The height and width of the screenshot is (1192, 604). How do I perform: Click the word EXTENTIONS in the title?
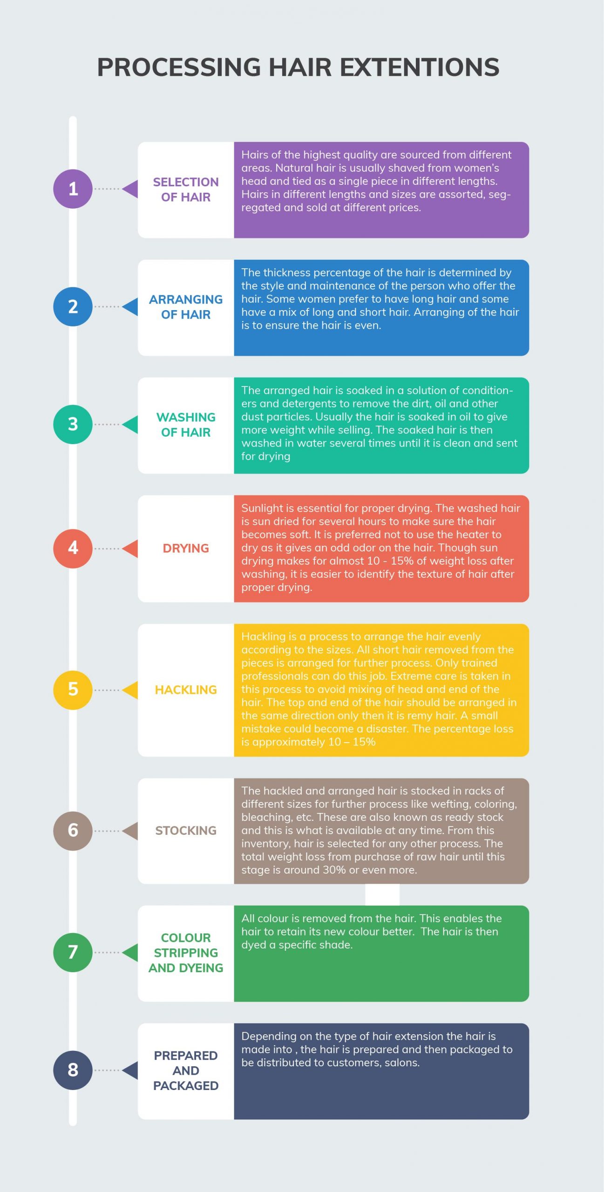(420, 67)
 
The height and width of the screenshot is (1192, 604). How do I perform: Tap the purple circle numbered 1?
(73, 189)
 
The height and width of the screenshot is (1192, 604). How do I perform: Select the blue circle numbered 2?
(73, 306)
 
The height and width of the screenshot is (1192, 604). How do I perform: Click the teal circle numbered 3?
(73, 424)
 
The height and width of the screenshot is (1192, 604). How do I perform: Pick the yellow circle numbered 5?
(73, 690)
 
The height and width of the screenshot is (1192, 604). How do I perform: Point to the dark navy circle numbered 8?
(73, 1070)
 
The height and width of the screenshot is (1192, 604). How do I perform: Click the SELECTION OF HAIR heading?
(186, 190)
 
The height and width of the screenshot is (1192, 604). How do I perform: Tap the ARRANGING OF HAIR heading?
(186, 307)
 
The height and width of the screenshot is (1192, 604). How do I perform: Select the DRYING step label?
(186, 548)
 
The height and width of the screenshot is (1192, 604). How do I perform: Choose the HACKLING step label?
(186, 690)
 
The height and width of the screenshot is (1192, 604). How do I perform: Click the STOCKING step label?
(186, 831)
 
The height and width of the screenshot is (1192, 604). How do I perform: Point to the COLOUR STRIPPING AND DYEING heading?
(186, 953)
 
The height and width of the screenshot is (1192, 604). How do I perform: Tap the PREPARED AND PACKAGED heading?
(186, 1070)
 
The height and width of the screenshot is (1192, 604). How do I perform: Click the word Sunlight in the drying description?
(262, 508)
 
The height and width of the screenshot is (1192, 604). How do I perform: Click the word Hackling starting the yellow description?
(263, 637)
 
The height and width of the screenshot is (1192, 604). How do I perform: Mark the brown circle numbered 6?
(73, 831)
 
